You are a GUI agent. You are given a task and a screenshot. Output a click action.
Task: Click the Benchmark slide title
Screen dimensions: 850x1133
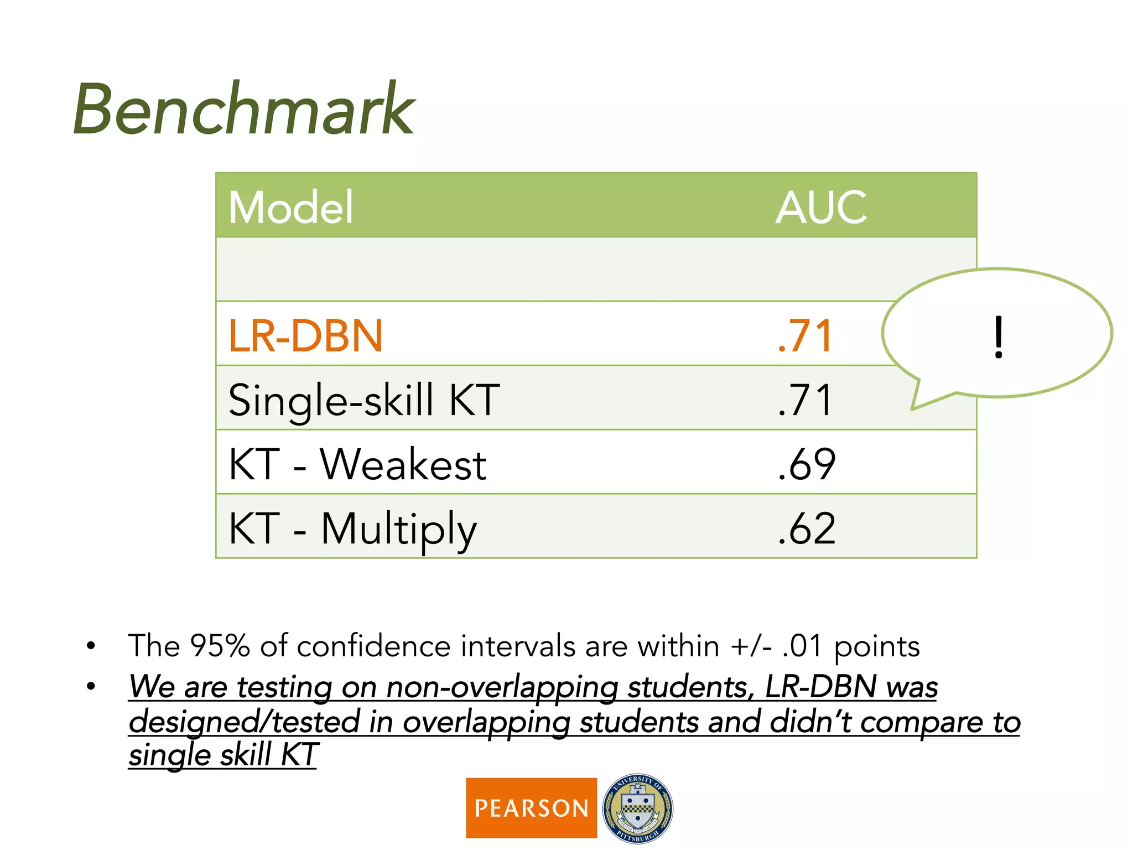tap(243, 110)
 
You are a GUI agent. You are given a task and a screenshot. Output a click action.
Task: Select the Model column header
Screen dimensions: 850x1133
tap(290, 208)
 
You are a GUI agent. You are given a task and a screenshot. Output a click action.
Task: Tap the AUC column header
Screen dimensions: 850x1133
tap(821, 208)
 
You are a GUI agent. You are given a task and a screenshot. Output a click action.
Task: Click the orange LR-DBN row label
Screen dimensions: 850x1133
tap(305, 336)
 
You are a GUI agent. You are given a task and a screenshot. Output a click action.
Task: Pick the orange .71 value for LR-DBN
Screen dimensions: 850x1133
tap(805, 336)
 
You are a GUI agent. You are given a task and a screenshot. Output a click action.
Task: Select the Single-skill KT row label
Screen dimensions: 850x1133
tap(364, 400)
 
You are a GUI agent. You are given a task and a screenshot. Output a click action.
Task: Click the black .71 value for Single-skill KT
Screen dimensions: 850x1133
tap(805, 400)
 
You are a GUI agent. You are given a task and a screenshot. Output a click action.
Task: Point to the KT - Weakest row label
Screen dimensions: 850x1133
tap(357, 464)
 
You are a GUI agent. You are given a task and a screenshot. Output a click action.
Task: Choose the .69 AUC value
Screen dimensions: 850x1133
tap(806, 464)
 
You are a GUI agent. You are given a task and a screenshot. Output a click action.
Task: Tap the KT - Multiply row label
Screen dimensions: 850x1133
tap(352, 529)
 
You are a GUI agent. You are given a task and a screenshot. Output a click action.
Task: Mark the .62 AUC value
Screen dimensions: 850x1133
tap(806, 529)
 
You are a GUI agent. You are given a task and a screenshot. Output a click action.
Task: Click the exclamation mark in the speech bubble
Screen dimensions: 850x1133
tap(998, 337)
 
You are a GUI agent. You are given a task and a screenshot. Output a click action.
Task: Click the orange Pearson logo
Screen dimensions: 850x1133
tap(531, 808)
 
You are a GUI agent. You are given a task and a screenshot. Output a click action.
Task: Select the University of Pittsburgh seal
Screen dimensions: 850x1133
tap(638, 808)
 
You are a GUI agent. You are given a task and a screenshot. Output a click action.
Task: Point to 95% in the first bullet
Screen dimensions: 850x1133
tap(220, 646)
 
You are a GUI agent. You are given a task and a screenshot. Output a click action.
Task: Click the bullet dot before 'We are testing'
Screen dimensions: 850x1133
tap(91, 687)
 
